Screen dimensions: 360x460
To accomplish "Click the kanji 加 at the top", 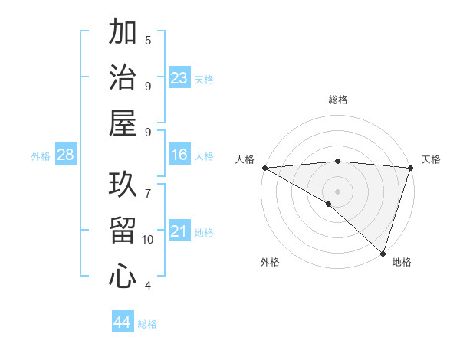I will [123, 33].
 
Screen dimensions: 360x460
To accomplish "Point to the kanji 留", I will [123, 231].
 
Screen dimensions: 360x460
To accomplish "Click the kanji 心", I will [123, 275].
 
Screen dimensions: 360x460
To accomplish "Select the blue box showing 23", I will [179, 78].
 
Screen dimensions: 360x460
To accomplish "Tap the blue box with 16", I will [179, 155].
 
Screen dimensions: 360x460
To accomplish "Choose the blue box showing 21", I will [179, 231].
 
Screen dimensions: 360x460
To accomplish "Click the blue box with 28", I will [66, 155].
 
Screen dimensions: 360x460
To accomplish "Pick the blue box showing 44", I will [123, 322].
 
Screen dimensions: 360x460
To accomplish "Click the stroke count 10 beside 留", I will [148, 240].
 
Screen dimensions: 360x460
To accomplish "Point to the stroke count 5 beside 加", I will [148, 40].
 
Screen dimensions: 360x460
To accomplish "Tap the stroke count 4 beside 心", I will [148, 286].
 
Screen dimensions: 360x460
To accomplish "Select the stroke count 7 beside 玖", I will [148, 185].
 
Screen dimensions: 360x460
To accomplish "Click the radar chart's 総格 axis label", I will [337, 100].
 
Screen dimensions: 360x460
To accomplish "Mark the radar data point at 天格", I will [410, 168].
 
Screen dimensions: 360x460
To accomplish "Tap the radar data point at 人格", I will [264, 168].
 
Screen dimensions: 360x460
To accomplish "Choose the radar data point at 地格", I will [382, 252].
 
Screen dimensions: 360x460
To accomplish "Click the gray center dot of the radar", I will [337, 191].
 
